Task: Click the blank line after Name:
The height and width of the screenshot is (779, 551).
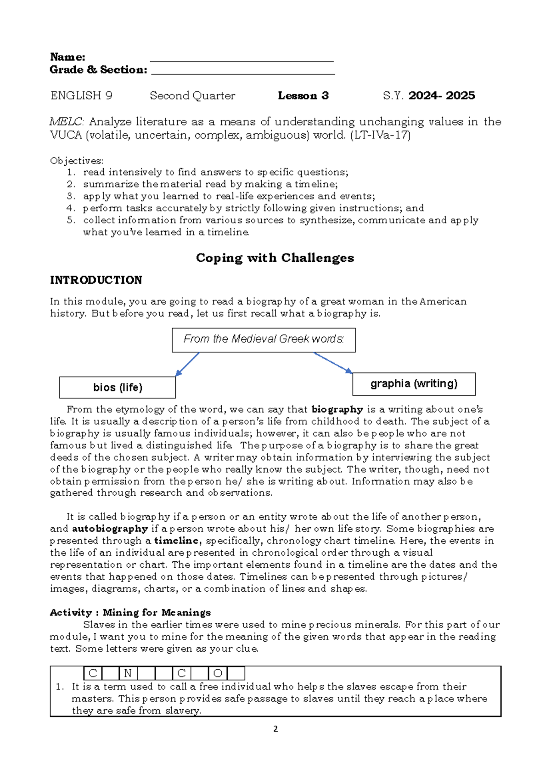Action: (x=242, y=60)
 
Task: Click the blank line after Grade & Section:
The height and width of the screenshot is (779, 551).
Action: (x=243, y=73)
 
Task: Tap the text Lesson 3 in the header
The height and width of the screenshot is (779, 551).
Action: (x=303, y=96)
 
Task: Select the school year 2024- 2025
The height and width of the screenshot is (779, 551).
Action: (x=442, y=96)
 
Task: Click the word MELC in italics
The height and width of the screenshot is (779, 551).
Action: (x=66, y=122)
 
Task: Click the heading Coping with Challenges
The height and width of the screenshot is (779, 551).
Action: (x=275, y=258)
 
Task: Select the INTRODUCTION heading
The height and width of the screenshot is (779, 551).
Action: (x=96, y=280)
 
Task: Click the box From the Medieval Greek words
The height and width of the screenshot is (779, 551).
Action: (x=264, y=340)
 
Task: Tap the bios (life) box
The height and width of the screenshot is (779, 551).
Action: (x=118, y=387)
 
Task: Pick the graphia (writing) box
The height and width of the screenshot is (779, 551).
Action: (x=414, y=384)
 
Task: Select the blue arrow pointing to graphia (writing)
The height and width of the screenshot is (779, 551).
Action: (x=333, y=362)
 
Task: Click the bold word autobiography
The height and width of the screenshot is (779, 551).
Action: (x=110, y=529)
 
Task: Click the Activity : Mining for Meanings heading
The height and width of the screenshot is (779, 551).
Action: (x=130, y=612)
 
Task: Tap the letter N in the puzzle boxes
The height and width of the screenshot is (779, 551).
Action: (x=128, y=673)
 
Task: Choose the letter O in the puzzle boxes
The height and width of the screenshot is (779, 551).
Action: (x=218, y=673)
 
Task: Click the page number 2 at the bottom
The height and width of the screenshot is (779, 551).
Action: (x=275, y=729)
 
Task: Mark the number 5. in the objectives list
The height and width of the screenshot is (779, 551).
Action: (x=71, y=220)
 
